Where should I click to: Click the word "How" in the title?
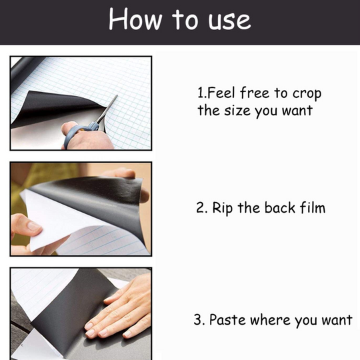[135, 19]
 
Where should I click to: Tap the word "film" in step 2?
[309, 207]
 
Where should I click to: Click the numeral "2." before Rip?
[201, 208]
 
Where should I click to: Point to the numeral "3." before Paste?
[199, 320]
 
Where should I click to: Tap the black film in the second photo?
[100, 190]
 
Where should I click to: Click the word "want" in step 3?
[336, 320]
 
